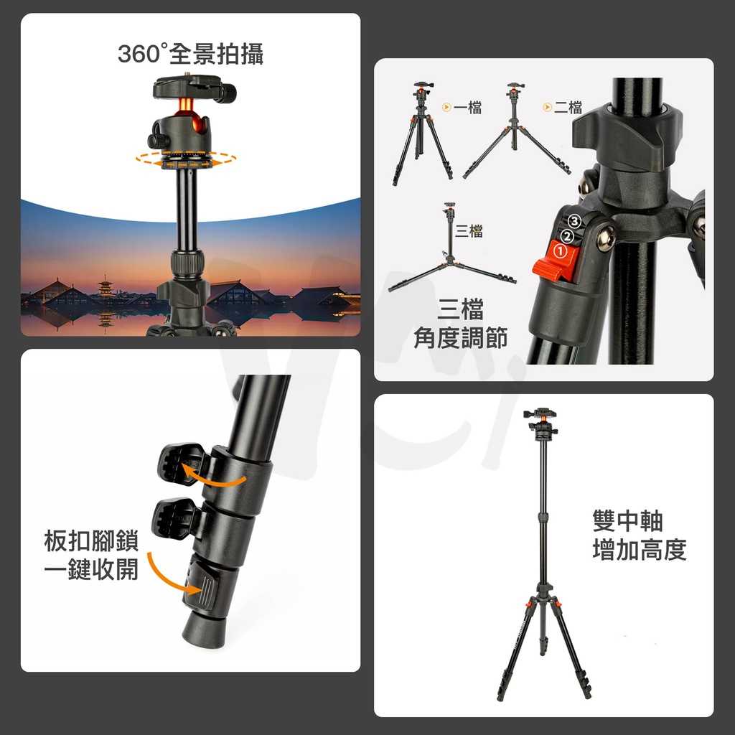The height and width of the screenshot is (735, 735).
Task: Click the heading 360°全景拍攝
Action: pos(190,54)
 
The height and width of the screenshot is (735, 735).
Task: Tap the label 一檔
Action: pos(467,108)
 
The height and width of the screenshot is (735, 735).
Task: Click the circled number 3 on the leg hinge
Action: pos(574,222)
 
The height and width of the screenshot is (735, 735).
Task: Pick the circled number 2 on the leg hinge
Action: pos(567,236)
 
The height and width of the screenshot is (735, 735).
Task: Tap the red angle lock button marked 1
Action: pos(557,260)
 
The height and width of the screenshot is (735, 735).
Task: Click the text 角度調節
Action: pos(460,338)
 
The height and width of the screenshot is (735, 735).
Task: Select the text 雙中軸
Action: pos(627,521)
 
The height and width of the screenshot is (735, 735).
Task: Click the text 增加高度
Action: pos(640,550)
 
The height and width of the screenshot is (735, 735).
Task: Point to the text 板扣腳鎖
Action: pos(90,542)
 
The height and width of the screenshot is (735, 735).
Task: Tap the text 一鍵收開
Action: pos(90,570)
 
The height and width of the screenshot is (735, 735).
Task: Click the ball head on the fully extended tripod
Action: pos(540,424)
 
